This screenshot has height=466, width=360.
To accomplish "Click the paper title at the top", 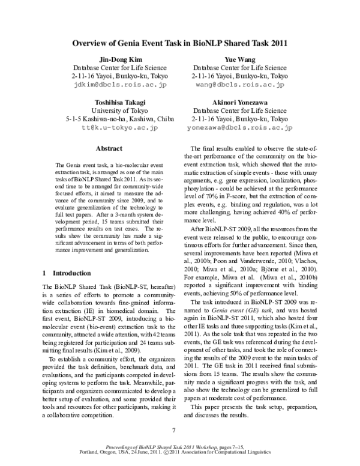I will (180, 43).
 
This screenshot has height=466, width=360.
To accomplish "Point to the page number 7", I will (173, 430).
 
